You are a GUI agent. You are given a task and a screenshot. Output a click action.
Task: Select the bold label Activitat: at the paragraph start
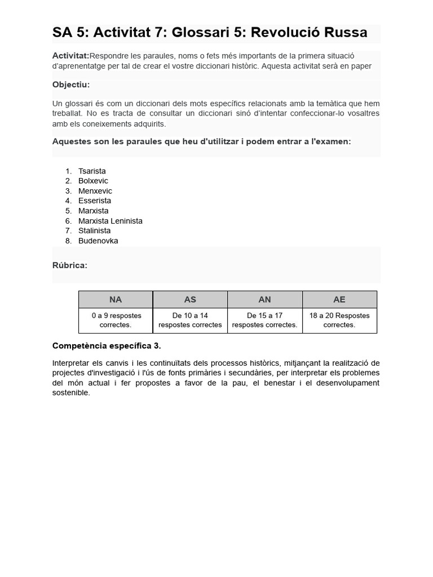point(70,55)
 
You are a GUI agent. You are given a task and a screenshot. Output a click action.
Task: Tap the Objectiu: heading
point(71,85)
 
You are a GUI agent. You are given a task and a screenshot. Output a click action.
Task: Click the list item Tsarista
point(92,171)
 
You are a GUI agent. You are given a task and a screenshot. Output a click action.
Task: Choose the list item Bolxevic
point(93,181)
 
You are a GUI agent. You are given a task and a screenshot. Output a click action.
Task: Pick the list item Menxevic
point(95,191)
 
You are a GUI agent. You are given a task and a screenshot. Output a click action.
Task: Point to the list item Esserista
point(95,201)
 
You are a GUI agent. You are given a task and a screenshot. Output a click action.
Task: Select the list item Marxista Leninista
point(110,221)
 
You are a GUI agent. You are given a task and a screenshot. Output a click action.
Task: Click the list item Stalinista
point(94,230)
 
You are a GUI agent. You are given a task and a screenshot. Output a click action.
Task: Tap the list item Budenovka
point(98,241)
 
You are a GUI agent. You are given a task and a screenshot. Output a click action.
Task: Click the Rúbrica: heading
point(69,265)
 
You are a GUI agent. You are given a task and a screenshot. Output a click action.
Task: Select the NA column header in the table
point(116,300)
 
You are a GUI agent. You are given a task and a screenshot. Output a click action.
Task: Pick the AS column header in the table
point(190,300)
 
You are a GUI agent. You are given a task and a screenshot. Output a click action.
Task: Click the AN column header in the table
point(264,300)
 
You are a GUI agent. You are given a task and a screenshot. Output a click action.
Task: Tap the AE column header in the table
point(339,300)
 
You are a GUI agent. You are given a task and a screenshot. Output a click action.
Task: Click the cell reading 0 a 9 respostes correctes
point(116,320)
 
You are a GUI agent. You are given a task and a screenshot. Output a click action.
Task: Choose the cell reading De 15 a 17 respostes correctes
point(264,320)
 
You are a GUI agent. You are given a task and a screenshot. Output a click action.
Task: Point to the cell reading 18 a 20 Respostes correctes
point(339,320)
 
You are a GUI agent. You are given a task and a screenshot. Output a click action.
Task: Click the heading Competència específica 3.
point(107,345)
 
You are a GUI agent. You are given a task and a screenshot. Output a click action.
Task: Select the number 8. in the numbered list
point(68,241)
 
